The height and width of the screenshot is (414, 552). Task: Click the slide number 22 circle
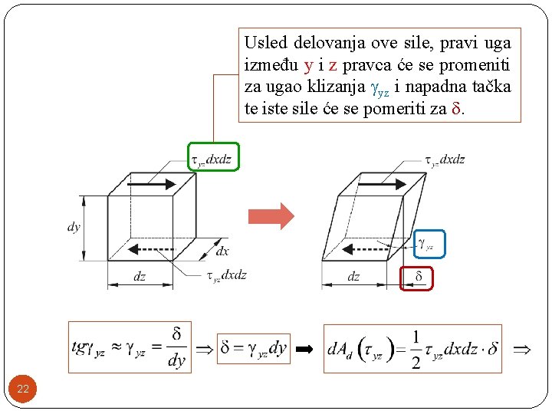pyautogui.click(x=23, y=389)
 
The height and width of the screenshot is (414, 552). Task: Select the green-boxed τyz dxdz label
pyautogui.click(x=213, y=159)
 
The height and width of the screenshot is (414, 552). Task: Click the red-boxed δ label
pyautogui.click(x=418, y=277)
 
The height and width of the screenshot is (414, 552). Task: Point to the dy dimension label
pyautogui.click(x=74, y=227)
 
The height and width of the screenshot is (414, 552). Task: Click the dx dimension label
pyautogui.click(x=222, y=251)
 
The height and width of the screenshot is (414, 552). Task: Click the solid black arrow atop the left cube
pyautogui.click(x=152, y=185)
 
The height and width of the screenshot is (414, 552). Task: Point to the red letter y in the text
pyautogui.click(x=308, y=65)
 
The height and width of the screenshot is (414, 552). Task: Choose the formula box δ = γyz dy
pyautogui.click(x=253, y=348)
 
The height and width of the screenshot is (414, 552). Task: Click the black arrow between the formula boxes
pyautogui.click(x=305, y=349)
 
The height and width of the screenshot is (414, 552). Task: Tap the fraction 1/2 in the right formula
pyautogui.click(x=415, y=349)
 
